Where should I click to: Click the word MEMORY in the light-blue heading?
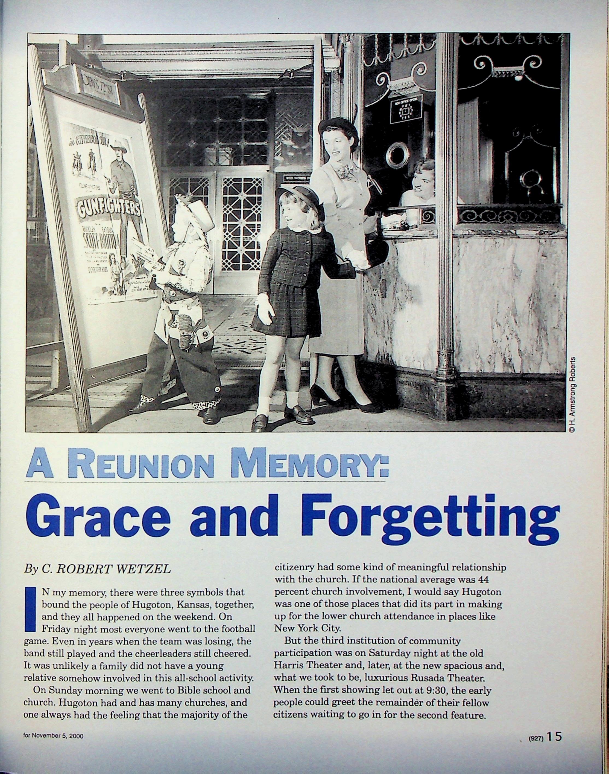point(309,463)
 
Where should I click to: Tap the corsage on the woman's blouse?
point(345,172)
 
